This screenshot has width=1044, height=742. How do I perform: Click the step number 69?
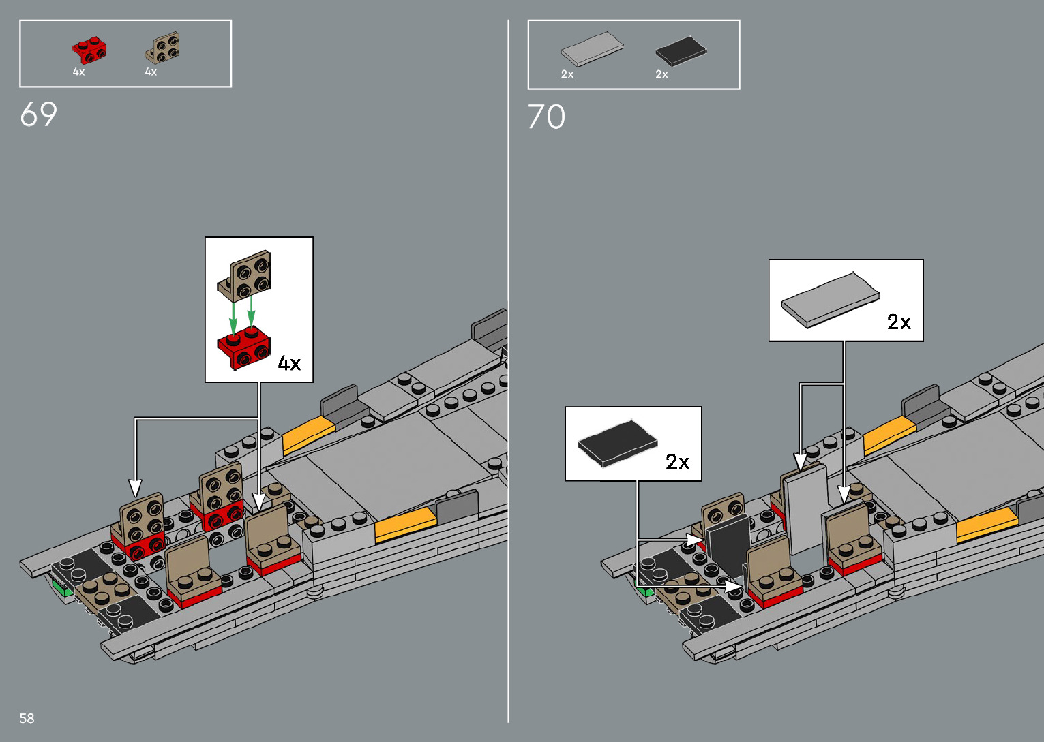(38, 114)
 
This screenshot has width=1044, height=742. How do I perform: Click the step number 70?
(546, 117)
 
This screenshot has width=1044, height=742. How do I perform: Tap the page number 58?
(27, 718)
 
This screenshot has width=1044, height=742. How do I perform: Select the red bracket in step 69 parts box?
(89, 50)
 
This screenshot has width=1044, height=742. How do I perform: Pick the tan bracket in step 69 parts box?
(163, 48)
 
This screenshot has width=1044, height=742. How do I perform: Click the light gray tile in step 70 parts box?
(592, 48)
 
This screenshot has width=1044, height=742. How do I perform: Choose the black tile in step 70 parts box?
(681, 50)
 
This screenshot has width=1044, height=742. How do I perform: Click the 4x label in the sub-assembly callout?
(289, 363)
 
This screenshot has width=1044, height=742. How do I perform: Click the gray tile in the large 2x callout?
(829, 299)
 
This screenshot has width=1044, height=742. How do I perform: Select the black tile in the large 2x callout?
(617, 443)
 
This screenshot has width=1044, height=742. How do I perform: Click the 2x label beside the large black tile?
(677, 462)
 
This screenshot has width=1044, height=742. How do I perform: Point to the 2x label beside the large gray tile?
(899, 322)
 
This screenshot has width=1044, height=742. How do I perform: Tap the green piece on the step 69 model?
(62, 587)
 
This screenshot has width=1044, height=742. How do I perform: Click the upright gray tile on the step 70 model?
(805, 508)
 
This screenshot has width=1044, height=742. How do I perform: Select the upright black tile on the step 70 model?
(727, 545)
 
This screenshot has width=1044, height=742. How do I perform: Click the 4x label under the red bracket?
(79, 72)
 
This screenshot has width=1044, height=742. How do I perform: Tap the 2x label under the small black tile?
(661, 74)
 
